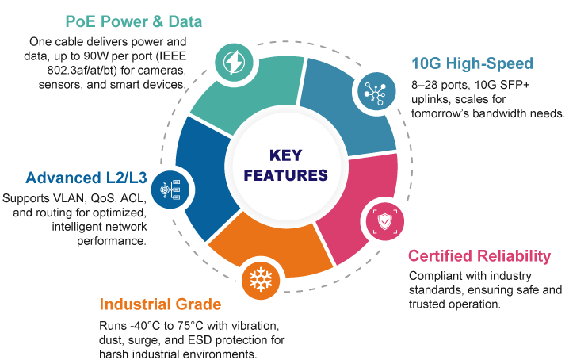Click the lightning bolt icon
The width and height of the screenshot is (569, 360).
point(234,63)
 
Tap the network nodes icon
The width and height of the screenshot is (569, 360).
point(376,92)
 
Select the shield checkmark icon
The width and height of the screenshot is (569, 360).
point(385,221)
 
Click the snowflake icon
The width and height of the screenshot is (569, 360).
point(261,280)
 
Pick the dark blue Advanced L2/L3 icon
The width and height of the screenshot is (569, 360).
point(170,190)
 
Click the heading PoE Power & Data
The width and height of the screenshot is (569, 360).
point(134,21)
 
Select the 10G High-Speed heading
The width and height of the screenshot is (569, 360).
point(472,63)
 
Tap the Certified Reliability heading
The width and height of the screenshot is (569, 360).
point(479,256)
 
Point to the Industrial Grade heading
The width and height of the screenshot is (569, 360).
point(160,304)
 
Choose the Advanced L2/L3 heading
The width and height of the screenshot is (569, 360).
point(86,178)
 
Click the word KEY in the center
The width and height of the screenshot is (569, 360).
point(286,155)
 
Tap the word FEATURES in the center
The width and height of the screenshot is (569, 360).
point(286,175)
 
